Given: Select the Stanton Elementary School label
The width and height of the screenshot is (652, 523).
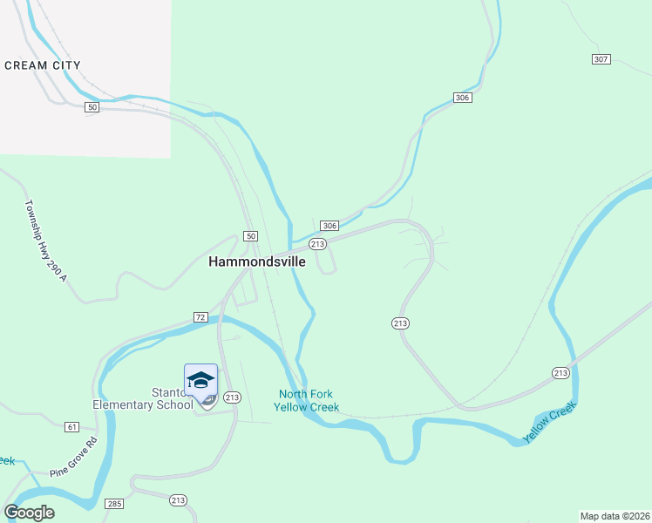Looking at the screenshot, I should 143,398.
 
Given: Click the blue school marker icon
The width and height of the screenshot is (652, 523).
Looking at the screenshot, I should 200,381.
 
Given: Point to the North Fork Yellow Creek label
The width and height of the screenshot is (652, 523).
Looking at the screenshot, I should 305,400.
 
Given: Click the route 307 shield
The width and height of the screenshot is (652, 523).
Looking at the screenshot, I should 600,59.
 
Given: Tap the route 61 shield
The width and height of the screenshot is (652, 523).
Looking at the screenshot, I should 71,427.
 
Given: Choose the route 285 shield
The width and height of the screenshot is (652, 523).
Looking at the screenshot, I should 115,504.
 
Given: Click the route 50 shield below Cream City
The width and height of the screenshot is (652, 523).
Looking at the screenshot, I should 92,106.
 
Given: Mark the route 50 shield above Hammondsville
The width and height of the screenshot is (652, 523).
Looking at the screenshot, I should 250,236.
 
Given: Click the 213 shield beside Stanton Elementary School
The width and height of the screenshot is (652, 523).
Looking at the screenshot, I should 231,397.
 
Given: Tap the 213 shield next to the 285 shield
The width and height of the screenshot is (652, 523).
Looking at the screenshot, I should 178,499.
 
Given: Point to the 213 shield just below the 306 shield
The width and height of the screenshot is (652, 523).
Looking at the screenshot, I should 317,244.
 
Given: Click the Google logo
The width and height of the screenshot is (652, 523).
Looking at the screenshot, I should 29,513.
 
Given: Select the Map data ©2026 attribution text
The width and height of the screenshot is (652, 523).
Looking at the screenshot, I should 615,516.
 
